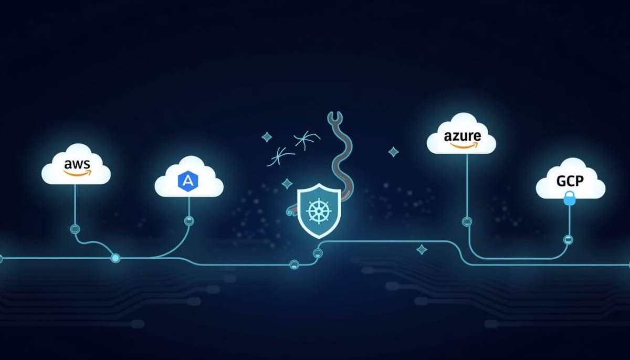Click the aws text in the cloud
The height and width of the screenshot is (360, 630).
(77, 164)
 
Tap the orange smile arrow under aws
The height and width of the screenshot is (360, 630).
(78, 173)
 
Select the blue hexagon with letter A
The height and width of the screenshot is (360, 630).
(188, 181)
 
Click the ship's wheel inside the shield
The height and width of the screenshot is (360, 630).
(319, 211)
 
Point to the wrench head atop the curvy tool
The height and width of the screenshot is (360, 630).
(335, 118)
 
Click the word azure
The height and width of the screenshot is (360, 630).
(463, 136)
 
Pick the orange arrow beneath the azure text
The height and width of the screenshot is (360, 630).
(464, 145)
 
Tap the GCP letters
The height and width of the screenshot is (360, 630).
(570, 181)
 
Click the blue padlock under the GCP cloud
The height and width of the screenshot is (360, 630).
(570, 198)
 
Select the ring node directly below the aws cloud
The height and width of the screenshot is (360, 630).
(75, 229)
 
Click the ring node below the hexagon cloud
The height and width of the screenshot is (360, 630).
(189, 220)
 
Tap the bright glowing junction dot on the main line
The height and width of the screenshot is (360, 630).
(115, 258)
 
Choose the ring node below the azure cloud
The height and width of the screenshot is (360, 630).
(467, 221)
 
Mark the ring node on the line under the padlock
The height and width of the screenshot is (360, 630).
(569, 240)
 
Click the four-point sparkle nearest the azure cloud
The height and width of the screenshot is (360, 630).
(393, 152)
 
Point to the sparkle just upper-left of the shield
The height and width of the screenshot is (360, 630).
(287, 184)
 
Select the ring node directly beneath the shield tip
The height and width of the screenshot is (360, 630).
(318, 253)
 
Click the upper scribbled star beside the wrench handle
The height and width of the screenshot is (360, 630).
(307, 139)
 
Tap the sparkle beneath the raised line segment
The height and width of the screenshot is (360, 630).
(422, 250)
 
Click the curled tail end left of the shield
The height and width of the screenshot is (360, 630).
(289, 211)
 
